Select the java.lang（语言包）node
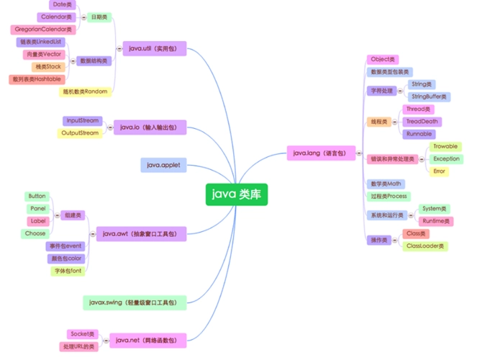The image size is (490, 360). click(315, 153)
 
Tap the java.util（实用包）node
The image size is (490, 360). click(154, 48)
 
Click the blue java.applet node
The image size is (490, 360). click(163, 166)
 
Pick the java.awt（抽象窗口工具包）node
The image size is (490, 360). click(140, 233)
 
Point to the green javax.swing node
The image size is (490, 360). click(135, 302)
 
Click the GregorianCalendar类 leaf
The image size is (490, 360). click(42, 30)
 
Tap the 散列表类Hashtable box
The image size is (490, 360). click(37, 79)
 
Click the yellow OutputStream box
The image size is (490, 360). click(80, 133)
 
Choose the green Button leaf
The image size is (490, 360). click(37, 196)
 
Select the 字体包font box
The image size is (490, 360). click(68, 271)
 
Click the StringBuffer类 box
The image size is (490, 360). click(429, 96)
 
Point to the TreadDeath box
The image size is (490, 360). click(421, 121)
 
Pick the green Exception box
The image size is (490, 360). click(446, 158)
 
